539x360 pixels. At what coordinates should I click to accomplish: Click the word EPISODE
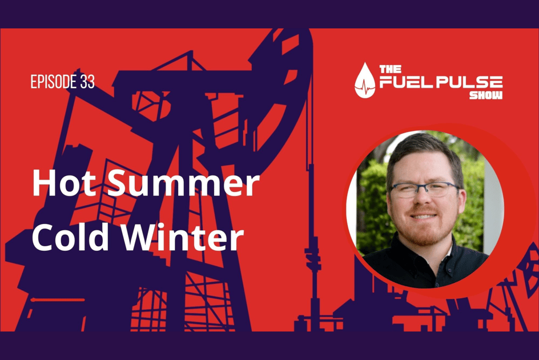click(x=51, y=82)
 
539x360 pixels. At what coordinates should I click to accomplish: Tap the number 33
click(x=87, y=82)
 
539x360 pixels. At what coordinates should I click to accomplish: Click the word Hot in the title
click(x=60, y=185)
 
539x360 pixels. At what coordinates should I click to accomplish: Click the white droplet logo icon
click(x=365, y=81)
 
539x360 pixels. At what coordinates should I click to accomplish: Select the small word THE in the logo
click(x=387, y=69)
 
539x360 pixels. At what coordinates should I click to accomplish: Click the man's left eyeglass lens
click(x=443, y=190)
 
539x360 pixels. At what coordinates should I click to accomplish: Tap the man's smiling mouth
click(x=425, y=217)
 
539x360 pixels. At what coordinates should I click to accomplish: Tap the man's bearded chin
click(x=425, y=231)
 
